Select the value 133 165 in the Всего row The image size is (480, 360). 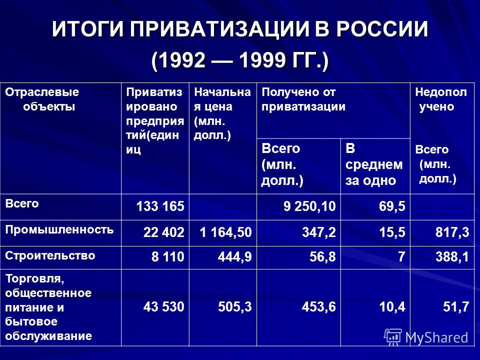pyautogui.click(x=160, y=206)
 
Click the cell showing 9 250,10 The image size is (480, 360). pyautogui.click(x=309, y=206)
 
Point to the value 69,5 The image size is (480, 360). pyautogui.click(x=392, y=206)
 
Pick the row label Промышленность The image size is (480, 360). pyautogui.click(x=59, y=229)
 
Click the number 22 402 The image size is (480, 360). pyautogui.click(x=164, y=232)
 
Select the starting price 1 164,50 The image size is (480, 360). pyautogui.click(x=225, y=232)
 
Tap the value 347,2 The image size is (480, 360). pyautogui.click(x=318, y=232)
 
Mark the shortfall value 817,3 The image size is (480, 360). pyautogui.click(x=452, y=232)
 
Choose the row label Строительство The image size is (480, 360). pyautogui.click(x=50, y=255)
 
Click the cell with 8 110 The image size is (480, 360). pyautogui.click(x=168, y=257)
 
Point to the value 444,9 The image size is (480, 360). pyautogui.click(x=235, y=257)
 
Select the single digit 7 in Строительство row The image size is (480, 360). pyautogui.click(x=401, y=257)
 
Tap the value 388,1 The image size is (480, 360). pyautogui.click(x=452, y=257)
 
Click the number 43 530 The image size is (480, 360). pyautogui.click(x=164, y=306)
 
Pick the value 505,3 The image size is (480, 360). pyautogui.click(x=235, y=306)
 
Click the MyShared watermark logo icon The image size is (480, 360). pyautogui.click(x=393, y=337)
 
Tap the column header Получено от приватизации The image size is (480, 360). pyautogui.click(x=303, y=99)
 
